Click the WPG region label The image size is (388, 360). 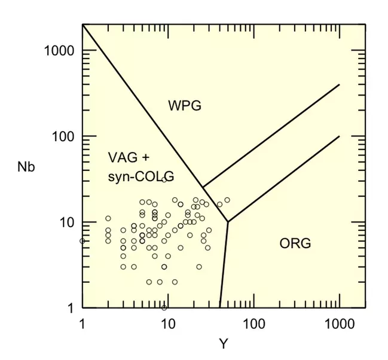coord(185,106)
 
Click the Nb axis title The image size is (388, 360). coord(26,167)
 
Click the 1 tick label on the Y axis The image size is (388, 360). coord(82,324)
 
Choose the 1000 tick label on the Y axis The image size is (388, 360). coord(339,324)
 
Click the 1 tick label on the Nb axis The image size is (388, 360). coord(69,308)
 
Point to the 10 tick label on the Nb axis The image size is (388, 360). coord(66,222)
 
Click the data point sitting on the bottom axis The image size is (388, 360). coord(164,307)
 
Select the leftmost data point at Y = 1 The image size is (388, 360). coord(83,241)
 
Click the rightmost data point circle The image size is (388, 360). coord(227,200)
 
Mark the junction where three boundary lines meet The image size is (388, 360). coord(227,222)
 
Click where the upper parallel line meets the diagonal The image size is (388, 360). coord(203,187)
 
